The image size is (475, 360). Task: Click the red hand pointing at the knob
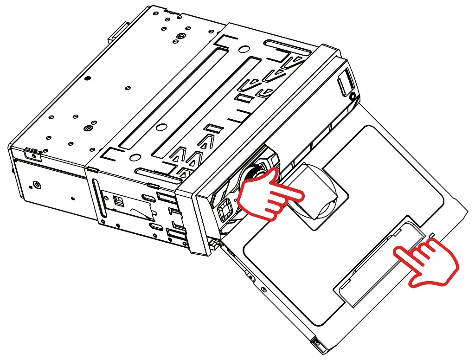[267, 197]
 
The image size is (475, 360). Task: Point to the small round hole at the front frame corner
[353, 96]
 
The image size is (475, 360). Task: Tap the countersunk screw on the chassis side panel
[37, 186]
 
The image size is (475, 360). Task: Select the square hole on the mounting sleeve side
[118, 201]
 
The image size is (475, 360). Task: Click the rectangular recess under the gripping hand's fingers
[380, 264]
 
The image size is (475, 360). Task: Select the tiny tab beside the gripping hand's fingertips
[432, 236]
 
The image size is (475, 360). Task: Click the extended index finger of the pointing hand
[292, 193]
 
